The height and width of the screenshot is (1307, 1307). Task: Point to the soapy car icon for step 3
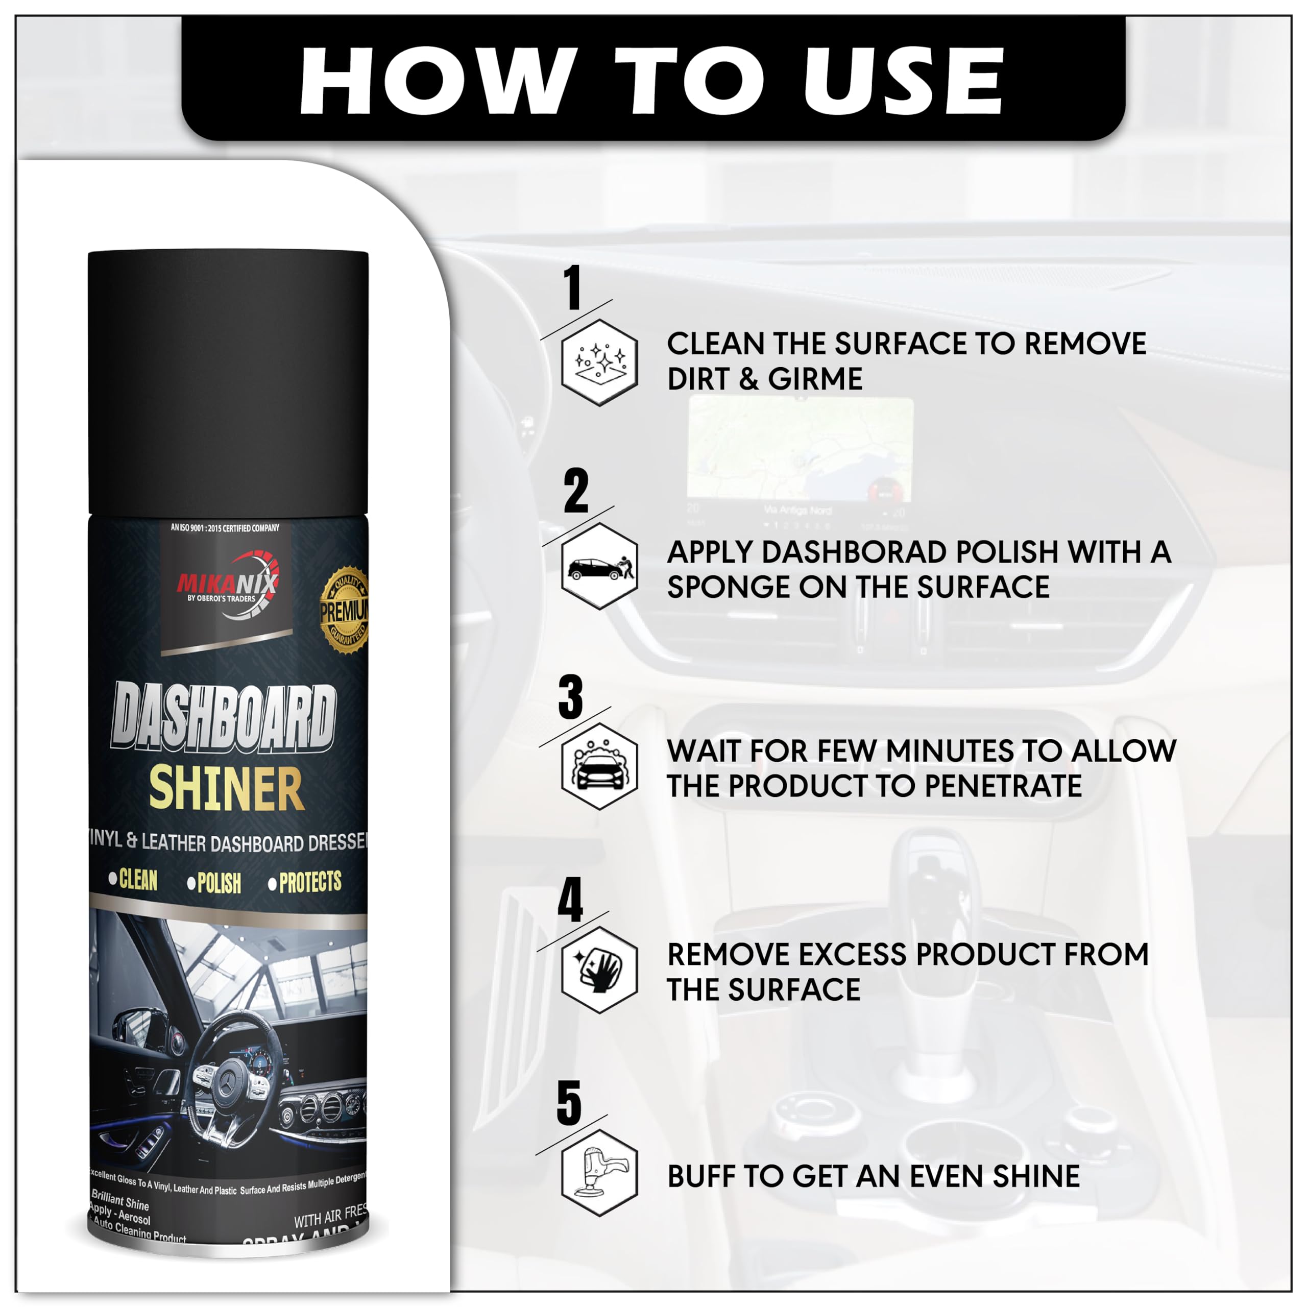pos(599,766)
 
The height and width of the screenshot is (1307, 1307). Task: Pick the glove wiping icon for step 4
pos(599,970)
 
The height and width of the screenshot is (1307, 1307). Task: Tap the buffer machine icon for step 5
pos(599,1172)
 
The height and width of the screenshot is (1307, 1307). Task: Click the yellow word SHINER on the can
pos(226,789)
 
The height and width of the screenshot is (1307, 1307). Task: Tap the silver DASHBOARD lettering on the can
pos(223,717)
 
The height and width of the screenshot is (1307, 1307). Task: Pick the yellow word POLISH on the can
pos(219,883)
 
